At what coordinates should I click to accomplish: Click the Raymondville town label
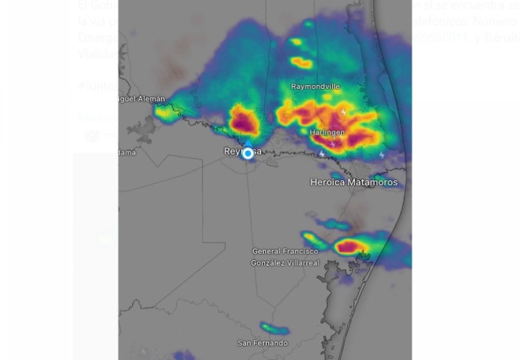point(315,87)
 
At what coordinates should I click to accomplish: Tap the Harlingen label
point(327,132)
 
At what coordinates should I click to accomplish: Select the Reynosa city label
point(243,151)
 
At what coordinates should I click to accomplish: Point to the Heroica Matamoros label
point(353,182)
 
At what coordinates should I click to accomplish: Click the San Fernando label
point(262,343)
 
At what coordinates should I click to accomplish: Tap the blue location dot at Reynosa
point(248,154)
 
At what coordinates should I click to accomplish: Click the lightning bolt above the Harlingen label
point(343,113)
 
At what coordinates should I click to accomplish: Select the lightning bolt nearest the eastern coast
point(382,155)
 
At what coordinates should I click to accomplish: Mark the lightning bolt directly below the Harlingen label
point(332,144)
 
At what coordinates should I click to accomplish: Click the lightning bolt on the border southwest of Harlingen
point(321,154)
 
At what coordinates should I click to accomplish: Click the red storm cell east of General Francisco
point(349,247)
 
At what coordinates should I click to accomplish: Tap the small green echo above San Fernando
point(275,329)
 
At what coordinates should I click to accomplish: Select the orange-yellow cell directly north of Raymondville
point(301,63)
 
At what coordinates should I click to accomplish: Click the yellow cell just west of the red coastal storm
point(313,239)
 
